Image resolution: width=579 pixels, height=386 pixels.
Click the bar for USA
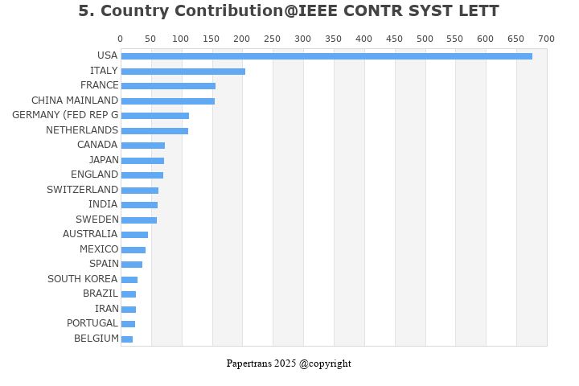coord(326,56)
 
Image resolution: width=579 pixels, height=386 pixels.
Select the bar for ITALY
coord(183,72)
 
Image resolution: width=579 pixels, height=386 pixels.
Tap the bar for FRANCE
coord(168,86)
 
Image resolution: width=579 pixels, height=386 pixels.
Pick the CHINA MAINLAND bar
coord(168,101)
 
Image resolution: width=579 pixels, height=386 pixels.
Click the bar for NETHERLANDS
coord(154,130)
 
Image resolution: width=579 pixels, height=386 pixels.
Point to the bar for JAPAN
coord(142,161)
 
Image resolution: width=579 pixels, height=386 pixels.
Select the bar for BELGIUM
coord(127,339)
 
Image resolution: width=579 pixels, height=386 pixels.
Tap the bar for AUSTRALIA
coord(134,235)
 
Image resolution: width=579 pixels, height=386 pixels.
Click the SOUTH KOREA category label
coord(82,279)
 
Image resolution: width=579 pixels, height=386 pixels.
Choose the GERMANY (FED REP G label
coord(65,115)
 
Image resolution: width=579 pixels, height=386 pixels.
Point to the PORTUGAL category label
coord(92,323)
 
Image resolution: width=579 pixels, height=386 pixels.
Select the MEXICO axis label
coord(99,249)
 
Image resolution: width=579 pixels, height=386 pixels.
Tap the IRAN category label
coord(106,309)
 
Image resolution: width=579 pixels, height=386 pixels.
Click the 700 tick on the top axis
coord(547,39)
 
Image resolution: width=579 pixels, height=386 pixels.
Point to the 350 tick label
coord(334,39)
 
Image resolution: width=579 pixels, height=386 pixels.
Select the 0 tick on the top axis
coord(121,39)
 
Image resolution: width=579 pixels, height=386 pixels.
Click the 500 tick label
coord(425,39)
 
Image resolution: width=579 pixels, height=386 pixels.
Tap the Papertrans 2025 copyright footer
coord(289,363)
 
